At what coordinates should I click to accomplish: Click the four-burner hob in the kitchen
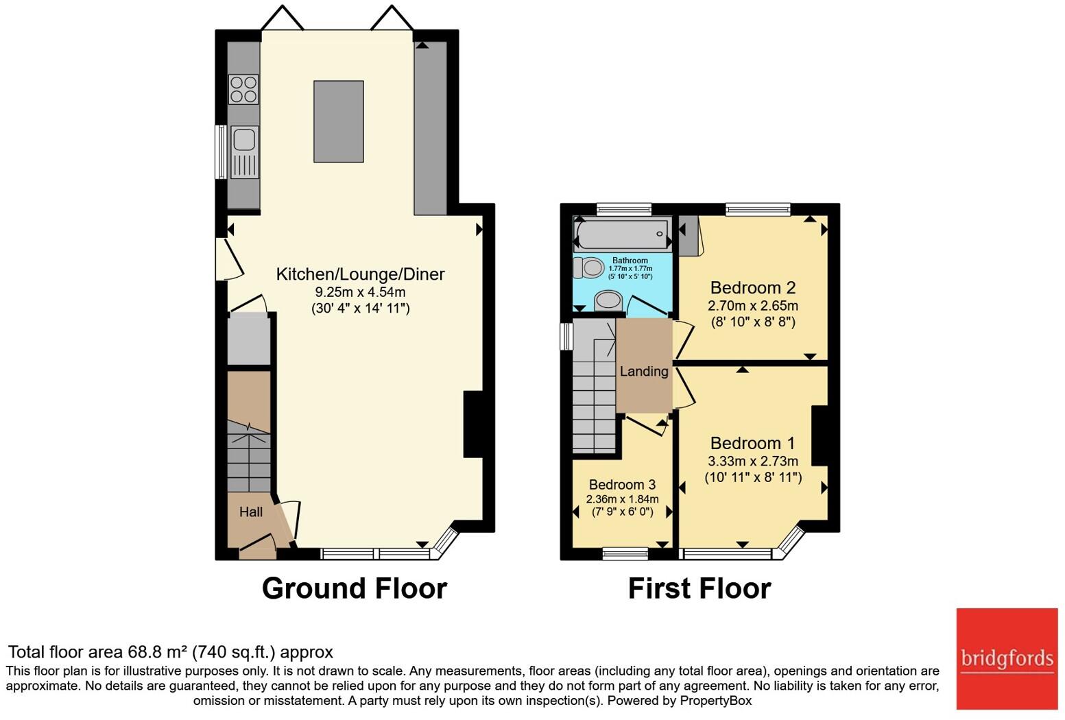coord(243,89)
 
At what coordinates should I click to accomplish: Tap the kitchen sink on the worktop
coord(244,152)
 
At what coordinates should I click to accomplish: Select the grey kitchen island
coord(339,121)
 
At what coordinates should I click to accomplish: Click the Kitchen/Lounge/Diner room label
coord(361,274)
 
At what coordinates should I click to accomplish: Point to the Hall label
coord(250,512)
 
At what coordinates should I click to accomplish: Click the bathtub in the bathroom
coord(623,234)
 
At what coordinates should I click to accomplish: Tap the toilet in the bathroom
coord(588,267)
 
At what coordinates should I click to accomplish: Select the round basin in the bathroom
coord(608,300)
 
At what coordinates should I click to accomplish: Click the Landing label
coord(644,371)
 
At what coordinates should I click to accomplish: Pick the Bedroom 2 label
coord(752,288)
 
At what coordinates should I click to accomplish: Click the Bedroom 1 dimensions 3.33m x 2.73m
coord(752,461)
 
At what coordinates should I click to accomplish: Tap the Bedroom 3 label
coord(622,484)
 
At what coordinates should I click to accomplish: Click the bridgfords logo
coord(1007,659)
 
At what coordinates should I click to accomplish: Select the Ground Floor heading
coord(355,588)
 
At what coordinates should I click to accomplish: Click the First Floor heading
coord(699,588)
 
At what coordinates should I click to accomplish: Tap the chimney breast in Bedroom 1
coord(819,435)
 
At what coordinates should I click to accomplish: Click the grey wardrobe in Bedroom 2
coord(688,235)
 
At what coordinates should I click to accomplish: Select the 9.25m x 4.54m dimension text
coord(361,292)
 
